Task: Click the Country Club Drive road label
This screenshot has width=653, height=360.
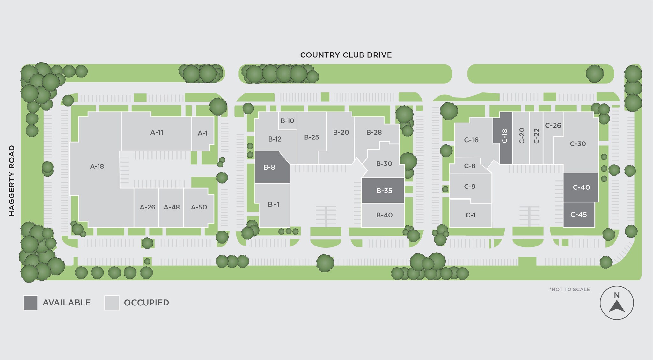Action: coord(346,55)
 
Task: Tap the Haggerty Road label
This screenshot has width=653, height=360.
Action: coord(12,180)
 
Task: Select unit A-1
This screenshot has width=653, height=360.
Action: coord(203,133)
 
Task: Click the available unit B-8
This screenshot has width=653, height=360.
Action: coord(269,167)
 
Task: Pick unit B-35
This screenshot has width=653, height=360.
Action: coord(384,191)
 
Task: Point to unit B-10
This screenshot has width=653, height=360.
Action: coord(287,121)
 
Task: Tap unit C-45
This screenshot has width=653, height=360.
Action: coord(578,215)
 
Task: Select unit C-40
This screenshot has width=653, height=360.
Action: coord(581,187)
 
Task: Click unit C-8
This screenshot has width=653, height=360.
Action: coord(469,166)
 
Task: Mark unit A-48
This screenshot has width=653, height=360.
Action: coord(172,207)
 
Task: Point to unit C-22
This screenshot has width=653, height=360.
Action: coord(536,136)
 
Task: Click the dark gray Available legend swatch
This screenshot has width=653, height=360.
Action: coord(30,303)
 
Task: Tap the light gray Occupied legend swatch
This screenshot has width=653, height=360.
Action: coord(112,303)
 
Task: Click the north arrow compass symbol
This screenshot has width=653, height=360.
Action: coord(616,303)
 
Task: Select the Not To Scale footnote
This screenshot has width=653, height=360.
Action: coord(569,290)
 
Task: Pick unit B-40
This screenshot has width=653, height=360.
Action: coord(384,215)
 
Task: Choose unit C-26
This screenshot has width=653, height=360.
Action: coord(553,126)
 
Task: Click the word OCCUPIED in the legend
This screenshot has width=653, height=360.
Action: coord(146,303)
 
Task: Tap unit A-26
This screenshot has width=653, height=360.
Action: coord(147,207)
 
